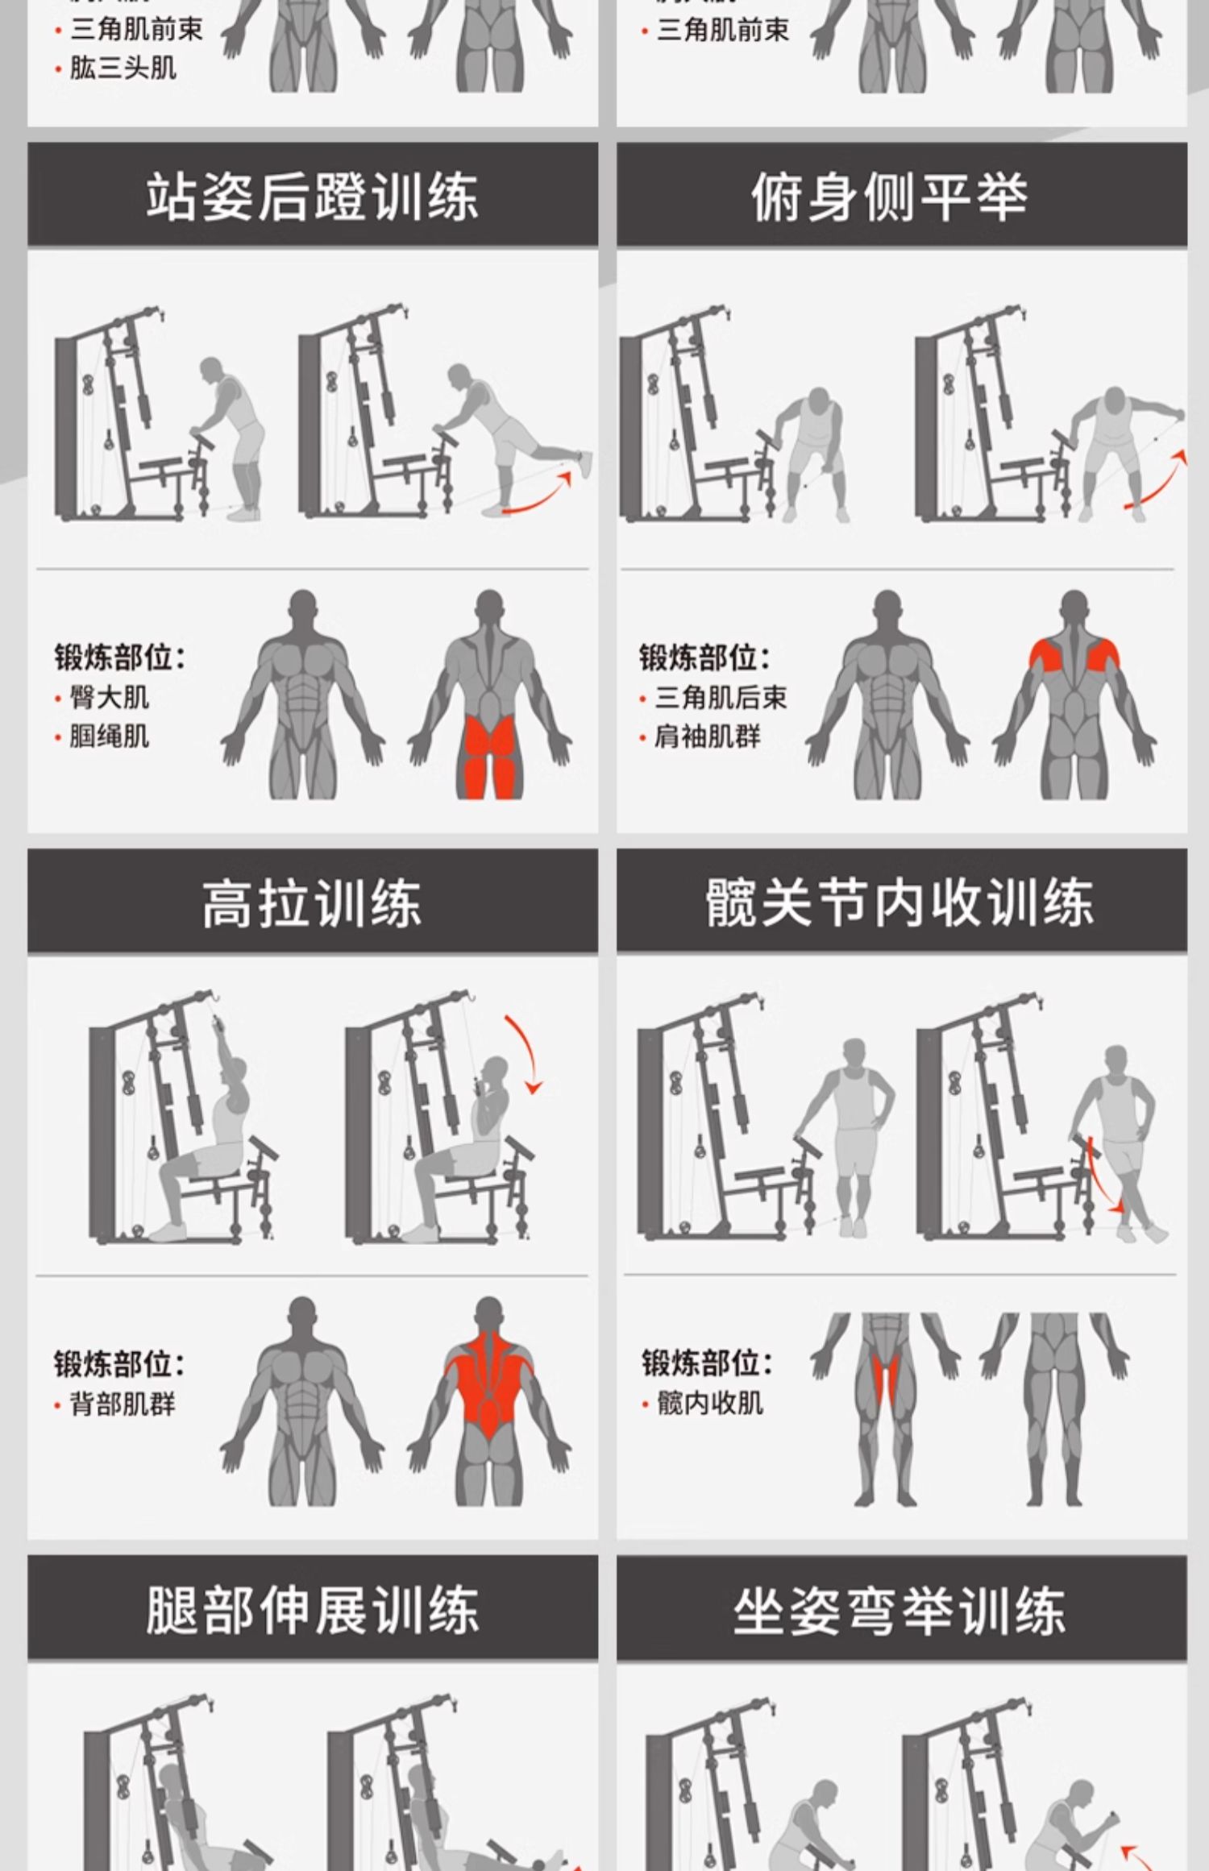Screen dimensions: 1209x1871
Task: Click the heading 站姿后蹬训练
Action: pyautogui.click(x=312, y=197)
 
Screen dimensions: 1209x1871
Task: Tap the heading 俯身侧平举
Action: pyautogui.click(x=890, y=197)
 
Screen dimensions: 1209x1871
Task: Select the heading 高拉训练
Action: pyautogui.click(x=312, y=902)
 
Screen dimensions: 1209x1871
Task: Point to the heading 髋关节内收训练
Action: pyautogui.click(x=899, y=902)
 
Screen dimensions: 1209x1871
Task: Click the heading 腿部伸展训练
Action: pyautogui.click(x=312, y=1609)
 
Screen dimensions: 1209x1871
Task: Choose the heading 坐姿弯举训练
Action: pyautogui.click(x=899, y=1609)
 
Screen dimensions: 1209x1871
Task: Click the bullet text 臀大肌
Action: pyautogui.click(x=109, y=697)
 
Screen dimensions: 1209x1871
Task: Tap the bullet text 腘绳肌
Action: pyautogui.click(x=109, y=736)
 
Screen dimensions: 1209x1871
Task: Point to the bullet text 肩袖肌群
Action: pyautogui.click(x=707, y=736)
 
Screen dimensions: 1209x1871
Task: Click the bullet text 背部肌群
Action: pyautogui.click(x=122, y=1404)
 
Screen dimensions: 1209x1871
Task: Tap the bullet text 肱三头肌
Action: pyautogui.click(x=123, y=68)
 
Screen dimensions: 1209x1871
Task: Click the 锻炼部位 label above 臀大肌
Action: pyautogui.click(x=119, y=658)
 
